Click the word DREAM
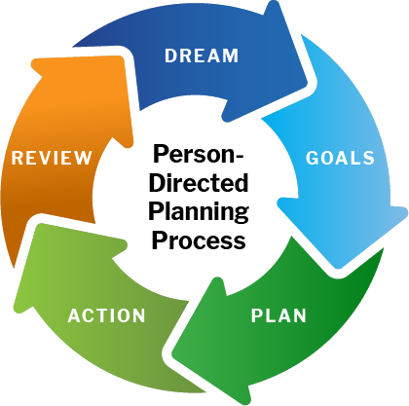click(x=202, y=55)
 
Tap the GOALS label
click(x=340, y=158)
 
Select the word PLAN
click(x=279, y=315)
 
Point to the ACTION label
click(x=106, y=315)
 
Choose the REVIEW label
click(x=52, y=158)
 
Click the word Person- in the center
click(x=198, y=154)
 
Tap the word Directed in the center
click(x=199, y=183)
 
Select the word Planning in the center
click(x=199, y=212)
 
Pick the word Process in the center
click(x=199, y=240)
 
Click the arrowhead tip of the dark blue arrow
click(x=305, y=83)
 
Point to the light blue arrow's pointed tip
click(x=338, y=267)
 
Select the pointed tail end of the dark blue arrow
click(x=73, y=47)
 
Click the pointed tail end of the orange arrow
click(x=14, y=268)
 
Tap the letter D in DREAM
click(x=170, y=55)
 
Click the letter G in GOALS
click(x=313, y=158)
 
